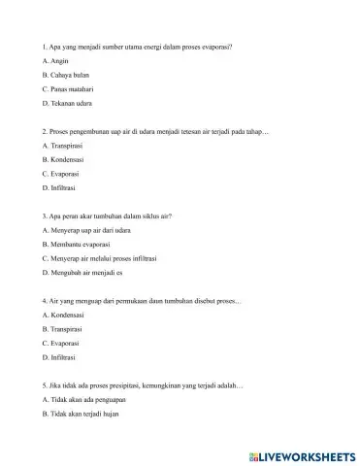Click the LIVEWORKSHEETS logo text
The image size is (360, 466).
(x=302, y=453)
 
